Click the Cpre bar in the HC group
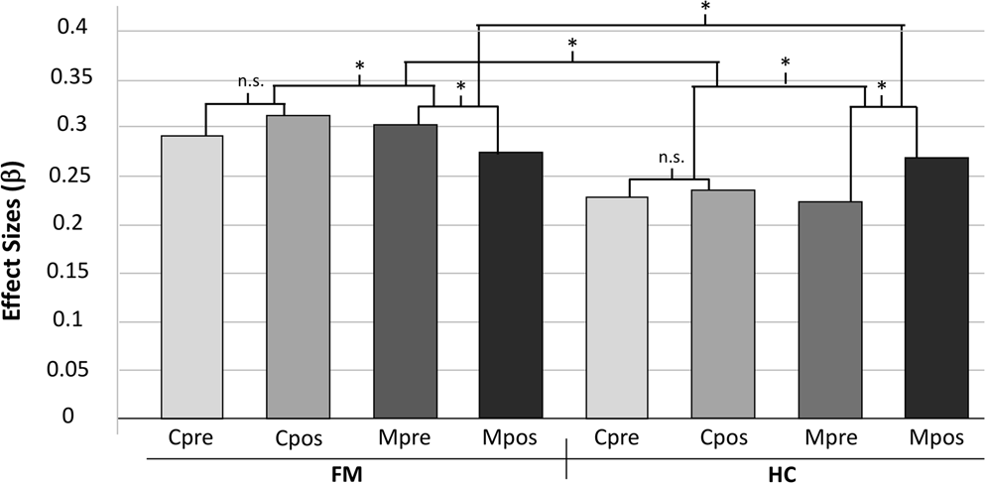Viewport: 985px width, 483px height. point(617,306)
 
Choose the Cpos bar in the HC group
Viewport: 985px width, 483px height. point(723,302)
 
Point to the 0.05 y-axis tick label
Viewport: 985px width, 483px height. point(70,369)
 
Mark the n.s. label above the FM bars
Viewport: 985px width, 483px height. point(250,82)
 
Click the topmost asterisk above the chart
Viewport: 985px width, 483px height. point(704,8)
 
